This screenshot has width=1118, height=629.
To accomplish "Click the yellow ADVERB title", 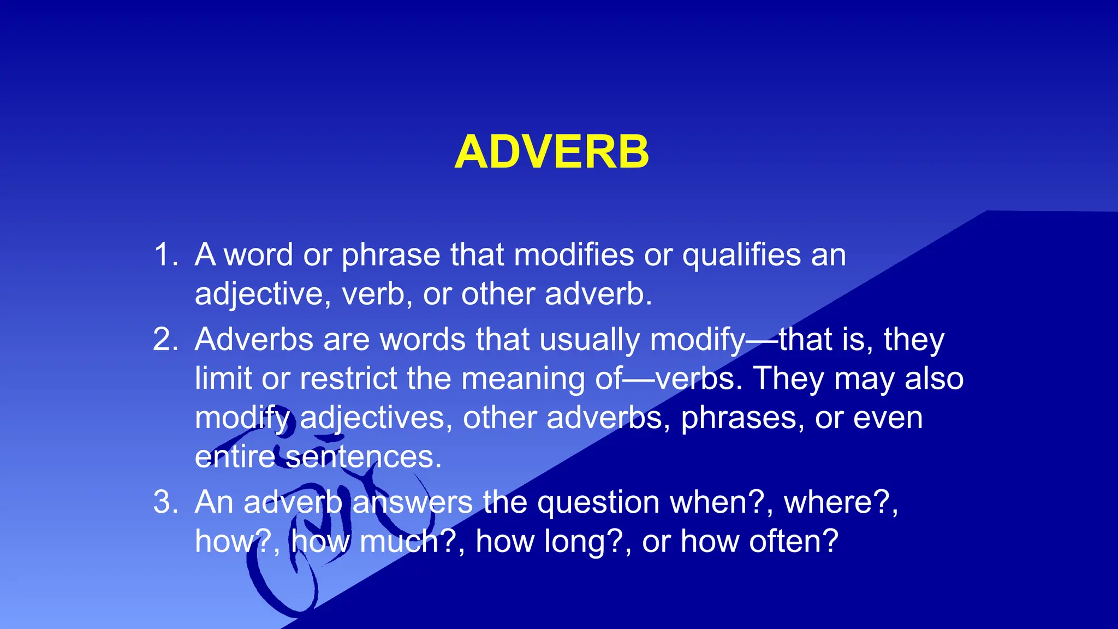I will tap(552, 152).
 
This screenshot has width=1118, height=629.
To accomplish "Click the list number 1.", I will tap(165, 254).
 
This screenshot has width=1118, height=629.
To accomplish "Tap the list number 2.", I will tap(165, 339).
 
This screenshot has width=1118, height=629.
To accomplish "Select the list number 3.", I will tap(165, 502).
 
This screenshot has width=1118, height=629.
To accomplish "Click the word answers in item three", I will tap(412, 502).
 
